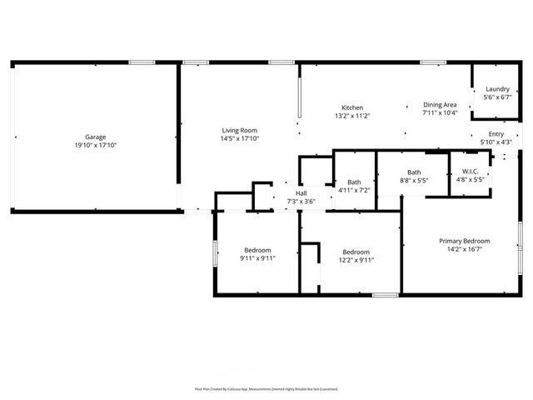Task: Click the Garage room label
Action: pos(95,137)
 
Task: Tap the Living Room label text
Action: pos(239,130)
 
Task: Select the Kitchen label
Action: pos(352,107)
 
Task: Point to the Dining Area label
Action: pos(440,104)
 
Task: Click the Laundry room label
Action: pos(496,89)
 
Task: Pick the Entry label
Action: pos(496,134)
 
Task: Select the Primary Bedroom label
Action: pos(465,241)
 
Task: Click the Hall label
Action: pos(301,193)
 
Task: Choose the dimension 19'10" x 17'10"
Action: pos(95,145)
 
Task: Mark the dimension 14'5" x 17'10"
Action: pos(239,138)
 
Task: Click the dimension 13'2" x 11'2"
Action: pos(352,116)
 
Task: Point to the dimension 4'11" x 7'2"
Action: pos(354,190)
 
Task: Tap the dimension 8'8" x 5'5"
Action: pos(414,180)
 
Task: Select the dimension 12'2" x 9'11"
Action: pos(356,260)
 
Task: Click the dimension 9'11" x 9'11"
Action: pos(257,258)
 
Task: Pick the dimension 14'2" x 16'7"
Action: pos(465,249)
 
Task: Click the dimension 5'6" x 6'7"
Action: pos(496,97)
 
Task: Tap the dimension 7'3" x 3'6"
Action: pos(301,201)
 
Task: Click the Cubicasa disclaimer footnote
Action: pos(266,388)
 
